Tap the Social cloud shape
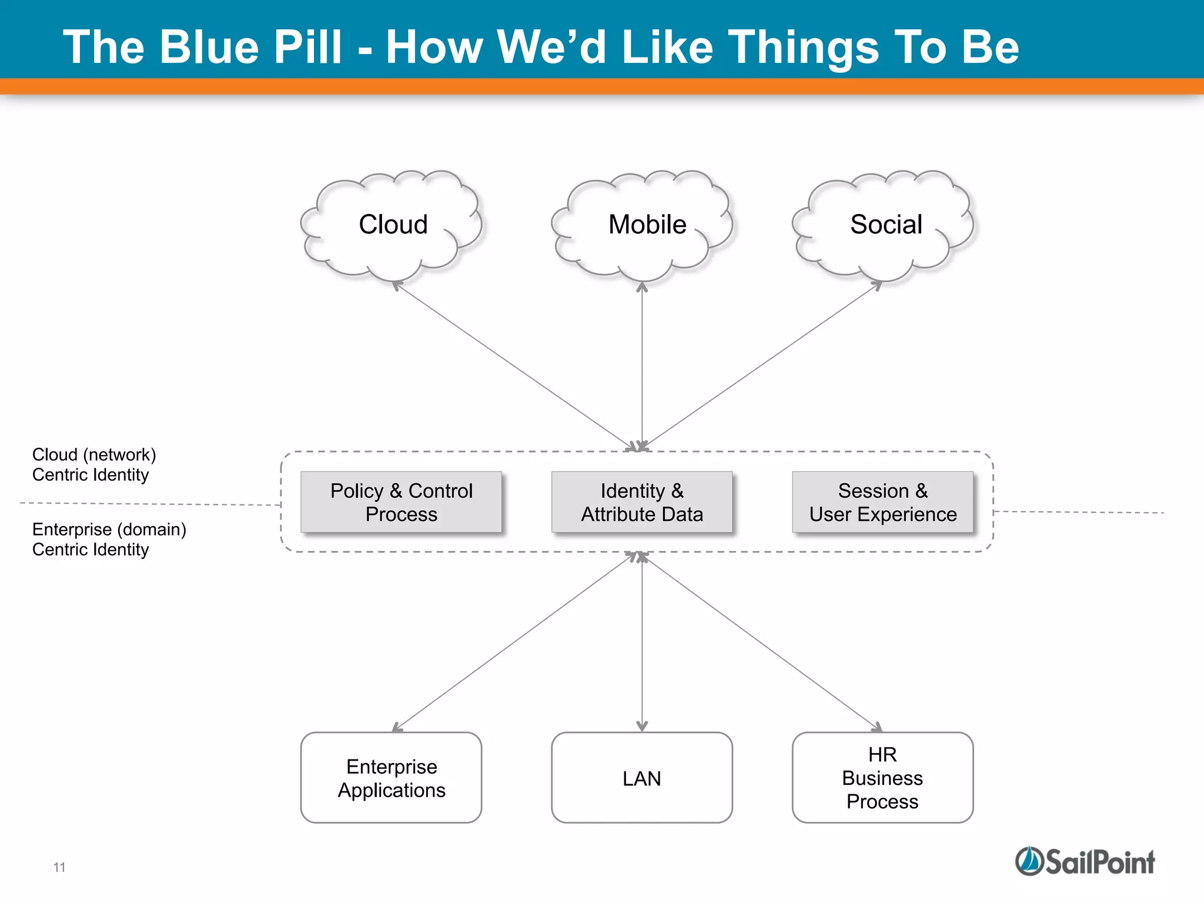[x=884, y=225]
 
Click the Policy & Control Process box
[x=401, y=502]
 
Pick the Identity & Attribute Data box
[x=642, y=502]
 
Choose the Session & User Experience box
[x=882, y=502]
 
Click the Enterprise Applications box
[x=391, y=778]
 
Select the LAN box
[x=642, y=778]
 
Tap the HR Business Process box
[x=882, y=778]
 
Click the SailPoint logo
[x=1085, y=862]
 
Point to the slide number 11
[x=59, y=867]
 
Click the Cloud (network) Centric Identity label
[x=94, y=464]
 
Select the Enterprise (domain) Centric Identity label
[x=109, y=539]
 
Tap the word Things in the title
[x=804, y=47]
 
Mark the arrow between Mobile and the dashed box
[x=642, y=364]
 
